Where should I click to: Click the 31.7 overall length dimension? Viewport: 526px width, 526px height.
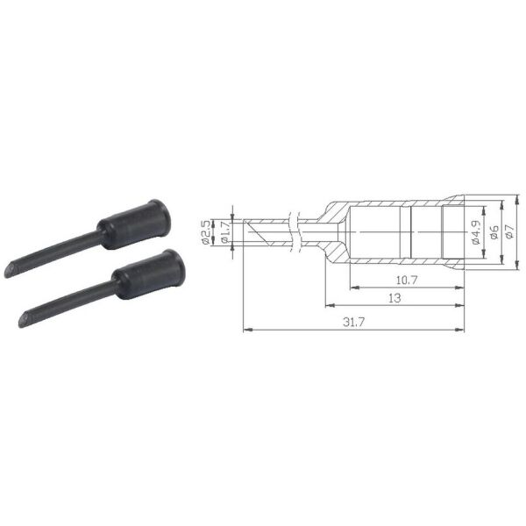[353, 322]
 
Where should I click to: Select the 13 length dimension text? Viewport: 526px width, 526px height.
[394, 298]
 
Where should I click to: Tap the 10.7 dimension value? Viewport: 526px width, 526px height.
[407, 280]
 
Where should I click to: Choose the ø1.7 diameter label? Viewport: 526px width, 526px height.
[224, 232]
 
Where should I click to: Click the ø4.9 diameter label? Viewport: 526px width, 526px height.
[476, 232]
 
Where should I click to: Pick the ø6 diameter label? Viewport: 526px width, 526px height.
[494, 232]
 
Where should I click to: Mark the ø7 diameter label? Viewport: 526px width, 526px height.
[509, 231]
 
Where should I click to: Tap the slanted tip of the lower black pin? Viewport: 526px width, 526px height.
[25, 319]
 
